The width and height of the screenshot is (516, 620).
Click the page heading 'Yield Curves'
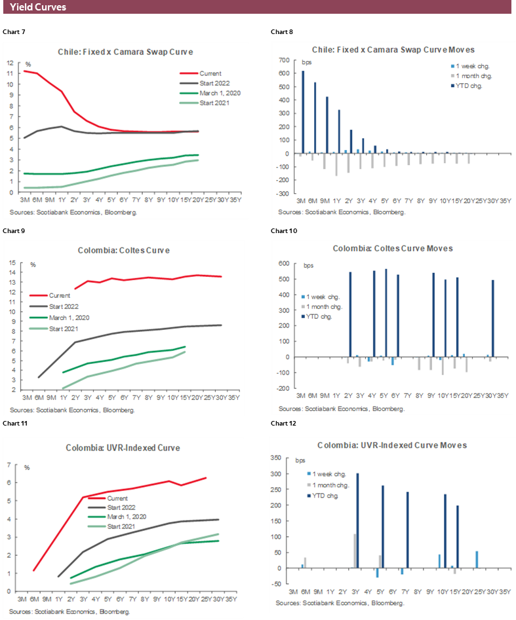[x=38, y=7]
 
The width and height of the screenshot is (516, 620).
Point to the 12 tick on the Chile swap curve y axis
[x=10, y=63]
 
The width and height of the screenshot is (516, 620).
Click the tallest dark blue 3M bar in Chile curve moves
[x=303, y=113]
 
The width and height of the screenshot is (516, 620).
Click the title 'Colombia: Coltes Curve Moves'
[x=392, y=249]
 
